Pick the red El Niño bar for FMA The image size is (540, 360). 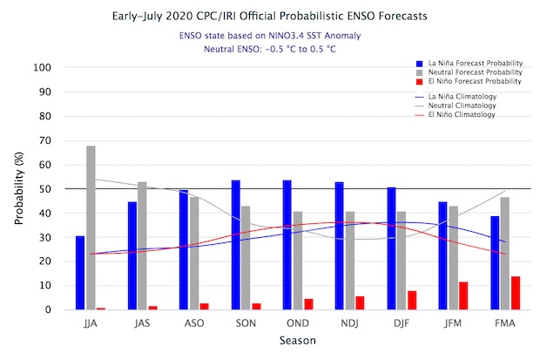pos(515,293)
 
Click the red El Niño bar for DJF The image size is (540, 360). pos(412,300)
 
